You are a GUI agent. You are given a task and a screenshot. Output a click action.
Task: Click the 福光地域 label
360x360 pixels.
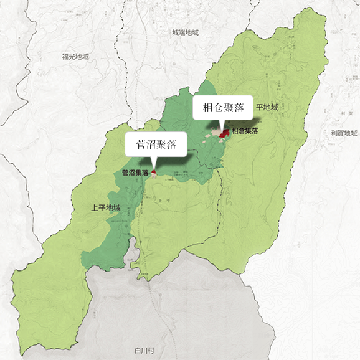[75, 57]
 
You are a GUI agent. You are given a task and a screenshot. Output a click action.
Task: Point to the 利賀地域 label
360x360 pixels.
[344, 133]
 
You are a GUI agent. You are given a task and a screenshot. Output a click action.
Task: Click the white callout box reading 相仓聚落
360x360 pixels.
[223, 108]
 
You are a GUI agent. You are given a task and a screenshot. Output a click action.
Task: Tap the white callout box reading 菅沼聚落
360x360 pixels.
[156, 146]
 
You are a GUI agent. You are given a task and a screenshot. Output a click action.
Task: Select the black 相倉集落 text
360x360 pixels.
[245, 131]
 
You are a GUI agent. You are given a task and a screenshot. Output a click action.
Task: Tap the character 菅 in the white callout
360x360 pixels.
[141, 146]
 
